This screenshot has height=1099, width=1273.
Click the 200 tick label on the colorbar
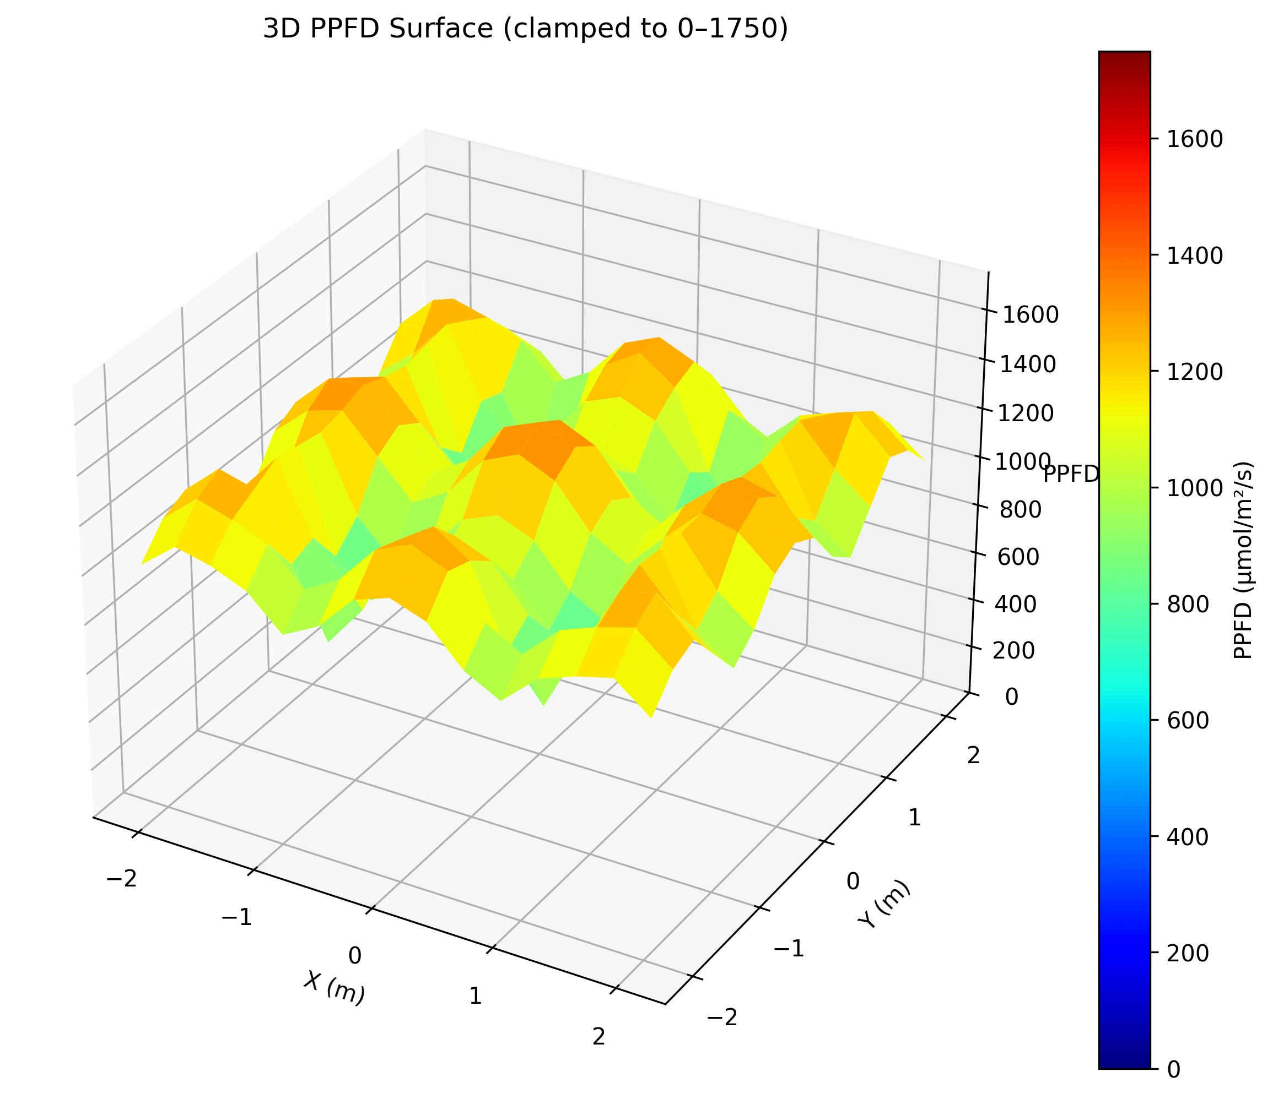1185,954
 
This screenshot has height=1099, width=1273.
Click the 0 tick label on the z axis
1010,697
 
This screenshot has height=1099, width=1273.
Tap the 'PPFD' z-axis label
1070,474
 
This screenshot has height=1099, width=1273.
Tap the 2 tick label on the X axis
598,1036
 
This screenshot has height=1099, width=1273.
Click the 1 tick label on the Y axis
914,818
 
